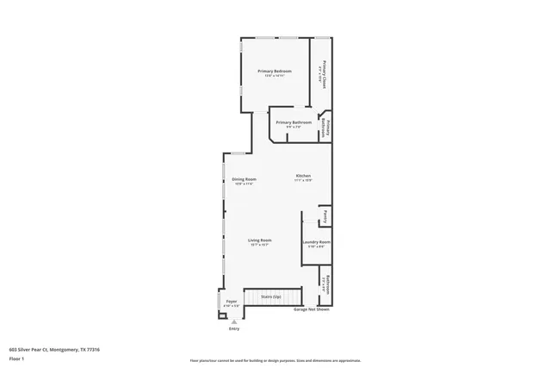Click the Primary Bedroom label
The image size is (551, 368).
275,71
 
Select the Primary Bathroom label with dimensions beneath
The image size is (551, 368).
294,122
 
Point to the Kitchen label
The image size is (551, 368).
303,176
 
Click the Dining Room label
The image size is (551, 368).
244,179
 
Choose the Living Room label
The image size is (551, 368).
260,240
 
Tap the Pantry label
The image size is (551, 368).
324,215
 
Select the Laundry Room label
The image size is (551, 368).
316,242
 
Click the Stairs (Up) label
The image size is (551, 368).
271,296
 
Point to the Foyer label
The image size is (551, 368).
232,301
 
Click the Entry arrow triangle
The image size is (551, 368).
233,321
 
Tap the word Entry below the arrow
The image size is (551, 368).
233,329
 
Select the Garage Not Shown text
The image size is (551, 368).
313,309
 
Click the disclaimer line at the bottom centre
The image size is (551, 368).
275,360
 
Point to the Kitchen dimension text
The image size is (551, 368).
303,180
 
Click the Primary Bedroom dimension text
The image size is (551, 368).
275,76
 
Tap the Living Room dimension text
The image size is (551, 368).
260,246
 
